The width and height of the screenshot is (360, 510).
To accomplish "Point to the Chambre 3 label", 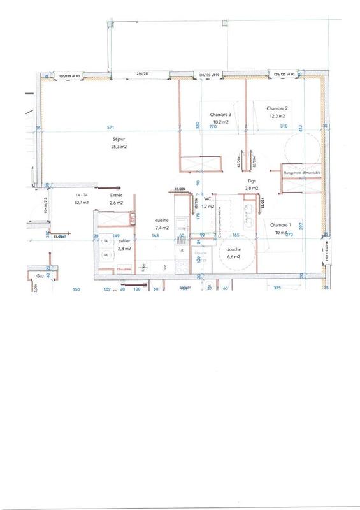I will [x=220, y=115].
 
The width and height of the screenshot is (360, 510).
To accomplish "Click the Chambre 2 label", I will [x=277, y=108].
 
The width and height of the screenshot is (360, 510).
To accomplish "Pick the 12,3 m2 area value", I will [x=277, y=116].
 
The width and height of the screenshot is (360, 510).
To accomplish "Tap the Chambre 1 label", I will [x=280, y=225].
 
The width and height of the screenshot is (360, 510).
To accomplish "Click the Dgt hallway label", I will [x=252, y=181].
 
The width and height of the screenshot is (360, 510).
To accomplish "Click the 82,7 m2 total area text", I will [x=81, y=202].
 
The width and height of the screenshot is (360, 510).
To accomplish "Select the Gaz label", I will [x=41, y=277].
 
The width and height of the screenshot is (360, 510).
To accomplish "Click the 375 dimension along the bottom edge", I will [x=277, y=289].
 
